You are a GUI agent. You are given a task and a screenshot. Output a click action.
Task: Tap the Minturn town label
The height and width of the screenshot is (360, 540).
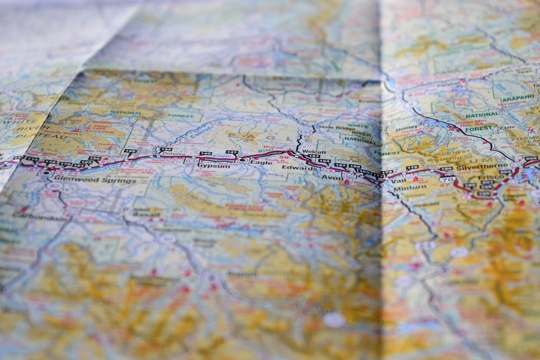409,188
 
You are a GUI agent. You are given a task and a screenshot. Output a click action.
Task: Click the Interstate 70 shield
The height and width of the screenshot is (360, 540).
447,179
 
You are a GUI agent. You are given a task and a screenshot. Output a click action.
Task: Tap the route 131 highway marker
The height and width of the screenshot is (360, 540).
304,132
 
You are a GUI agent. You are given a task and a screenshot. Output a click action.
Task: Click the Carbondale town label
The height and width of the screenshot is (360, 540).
40,217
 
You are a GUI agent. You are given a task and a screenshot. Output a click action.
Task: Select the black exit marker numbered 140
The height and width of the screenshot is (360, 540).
204,153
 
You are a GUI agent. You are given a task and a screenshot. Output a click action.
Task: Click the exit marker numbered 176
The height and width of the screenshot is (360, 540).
412,168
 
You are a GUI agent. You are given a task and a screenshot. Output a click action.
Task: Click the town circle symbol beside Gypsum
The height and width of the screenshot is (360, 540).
190,161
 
